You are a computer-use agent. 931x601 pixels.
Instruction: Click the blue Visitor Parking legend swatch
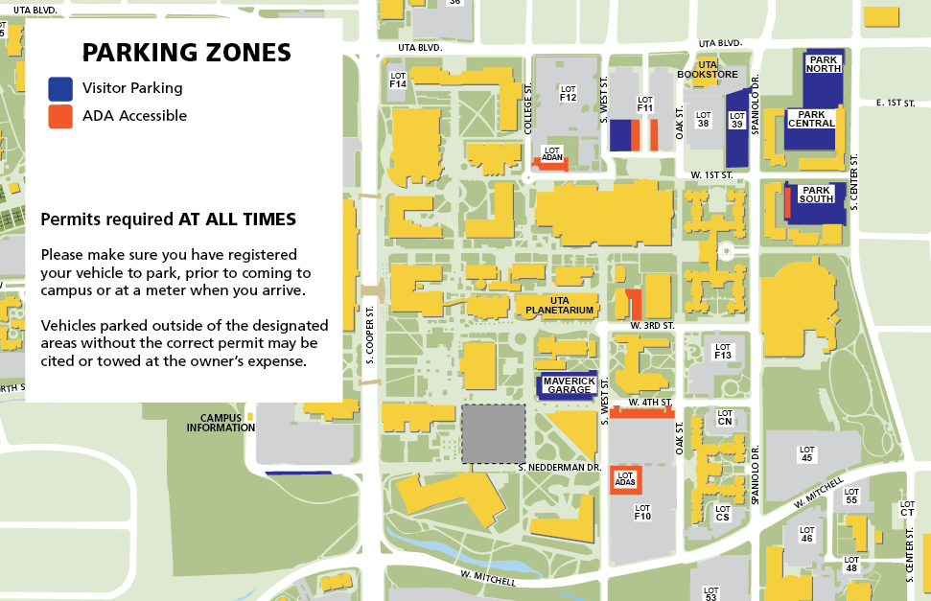pyautogui.click(x=60, y=88)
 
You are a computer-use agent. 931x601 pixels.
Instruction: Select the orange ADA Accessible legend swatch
pyautogui.click(x=60, y=116)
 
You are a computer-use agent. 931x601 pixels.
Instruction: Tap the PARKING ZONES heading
pyautogui.click(x=186, y=52)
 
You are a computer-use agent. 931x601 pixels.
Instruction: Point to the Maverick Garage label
pyautogui.click(x=569, y=384)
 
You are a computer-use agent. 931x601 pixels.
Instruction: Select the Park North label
pyautogui.click(x=825, y=64)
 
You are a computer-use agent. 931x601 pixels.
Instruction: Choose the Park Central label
pyautogui.click(x=811, y=118)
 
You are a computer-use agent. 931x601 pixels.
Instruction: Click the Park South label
pyautogui.click(x=816, y=195)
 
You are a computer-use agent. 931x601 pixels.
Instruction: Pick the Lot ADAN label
pyautogui.click(x=552, y=153)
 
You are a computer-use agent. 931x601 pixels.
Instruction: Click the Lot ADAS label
pyautogui.click(x=626, y=478)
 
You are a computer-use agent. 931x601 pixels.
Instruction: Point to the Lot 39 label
pyautogui.click(x=736, y=120)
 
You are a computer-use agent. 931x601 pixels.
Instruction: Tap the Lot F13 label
pyautogui.click(x=723, y=352)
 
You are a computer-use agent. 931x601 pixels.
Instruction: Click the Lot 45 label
pyautogui.click(x=806, y=453)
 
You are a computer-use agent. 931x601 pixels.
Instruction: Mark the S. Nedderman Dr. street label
pyautogui.click(x=559, y=467)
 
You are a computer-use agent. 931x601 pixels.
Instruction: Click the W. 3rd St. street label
pyautogui.click(x=653, y=327)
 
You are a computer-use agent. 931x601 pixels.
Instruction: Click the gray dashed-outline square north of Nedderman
pyautogui.click(x=494, y=434)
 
